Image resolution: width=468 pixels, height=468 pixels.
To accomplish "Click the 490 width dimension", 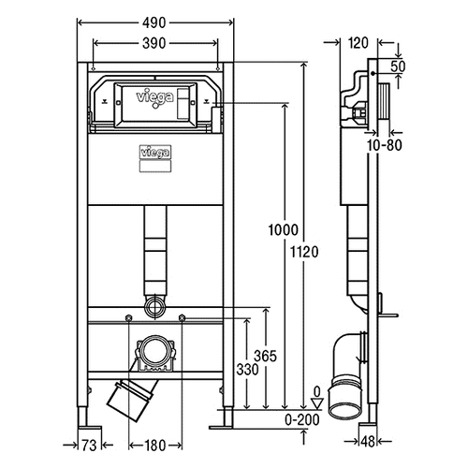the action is (154, 22).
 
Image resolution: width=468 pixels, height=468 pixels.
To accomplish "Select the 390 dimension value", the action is (154, 43).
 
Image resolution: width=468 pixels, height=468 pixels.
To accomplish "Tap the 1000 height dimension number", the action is (284, 230).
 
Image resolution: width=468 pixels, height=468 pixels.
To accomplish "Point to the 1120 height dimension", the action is (304, 252).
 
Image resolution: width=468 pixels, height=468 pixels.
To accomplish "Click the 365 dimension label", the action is (265, 356).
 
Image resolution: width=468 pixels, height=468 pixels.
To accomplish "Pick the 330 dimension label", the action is (247, 370).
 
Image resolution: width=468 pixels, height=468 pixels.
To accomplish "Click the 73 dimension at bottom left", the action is (89, 446).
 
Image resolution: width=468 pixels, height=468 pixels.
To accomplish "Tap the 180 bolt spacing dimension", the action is (154, 446).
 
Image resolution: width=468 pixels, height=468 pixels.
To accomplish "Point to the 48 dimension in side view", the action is (368, 442).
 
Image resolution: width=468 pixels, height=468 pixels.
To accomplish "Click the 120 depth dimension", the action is (358, 43).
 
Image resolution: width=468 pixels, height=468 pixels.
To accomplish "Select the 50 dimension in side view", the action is (398, 66).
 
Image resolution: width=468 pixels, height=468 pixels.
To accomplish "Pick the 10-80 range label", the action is (384, 145).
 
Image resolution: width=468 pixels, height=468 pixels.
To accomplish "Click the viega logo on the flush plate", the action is (154, 98).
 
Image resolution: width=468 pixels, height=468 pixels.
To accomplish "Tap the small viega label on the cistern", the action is (154, 153).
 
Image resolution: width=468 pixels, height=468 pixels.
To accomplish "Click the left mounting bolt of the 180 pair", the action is (128, 318).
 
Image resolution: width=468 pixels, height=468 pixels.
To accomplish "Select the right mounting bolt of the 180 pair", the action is (182, 318).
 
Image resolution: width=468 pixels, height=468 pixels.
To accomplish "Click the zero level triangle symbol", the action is (317, 403).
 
